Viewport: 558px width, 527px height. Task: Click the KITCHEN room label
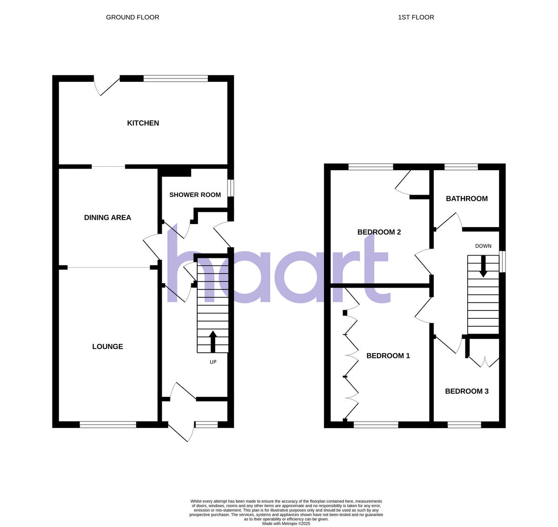pyautogui.click(x=143, y=123)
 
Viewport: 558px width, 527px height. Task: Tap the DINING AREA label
pyautogui.click(x=107, y=217)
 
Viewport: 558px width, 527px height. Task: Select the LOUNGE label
pyautogui.click(x=107, y=347)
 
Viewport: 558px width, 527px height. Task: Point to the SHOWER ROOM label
pyautogui.click(x=195, y=195)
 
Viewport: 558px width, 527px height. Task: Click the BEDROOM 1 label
pyautogui.click(x=388, y=356)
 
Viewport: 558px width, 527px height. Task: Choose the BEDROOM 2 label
pyautogui.click(x=379, y=232)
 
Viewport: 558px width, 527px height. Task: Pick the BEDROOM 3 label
pyautogui.click(x=466, y=391)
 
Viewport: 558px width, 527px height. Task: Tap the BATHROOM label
pyautogui.click(x=466, y=199)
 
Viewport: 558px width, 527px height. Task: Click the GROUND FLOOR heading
pyautogui.click(x=133, y=17)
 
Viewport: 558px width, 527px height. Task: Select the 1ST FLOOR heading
pyautogui.click(x=416, y=17)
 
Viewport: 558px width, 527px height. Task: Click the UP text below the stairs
pyautogui.click(x=213, y=362)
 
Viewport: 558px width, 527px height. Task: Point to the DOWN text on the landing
pyautogui.click(x=483, y=246)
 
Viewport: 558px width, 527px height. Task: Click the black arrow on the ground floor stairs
pyautogui.click(x=213, y=341)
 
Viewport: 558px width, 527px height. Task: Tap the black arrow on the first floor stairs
pyautogui.click(x=484, y=266)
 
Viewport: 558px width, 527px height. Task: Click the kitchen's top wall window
pyautogui.click(x=175, y=79)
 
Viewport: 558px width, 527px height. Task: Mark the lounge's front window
pyautogui.click(x=108, y=424)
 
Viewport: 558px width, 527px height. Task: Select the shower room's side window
pyautogui.click(x=231, y=188)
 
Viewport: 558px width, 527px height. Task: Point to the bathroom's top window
pyautogui.click(x=461, y=167)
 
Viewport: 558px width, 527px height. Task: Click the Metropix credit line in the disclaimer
pyautogui.click(x=286, y=523)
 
